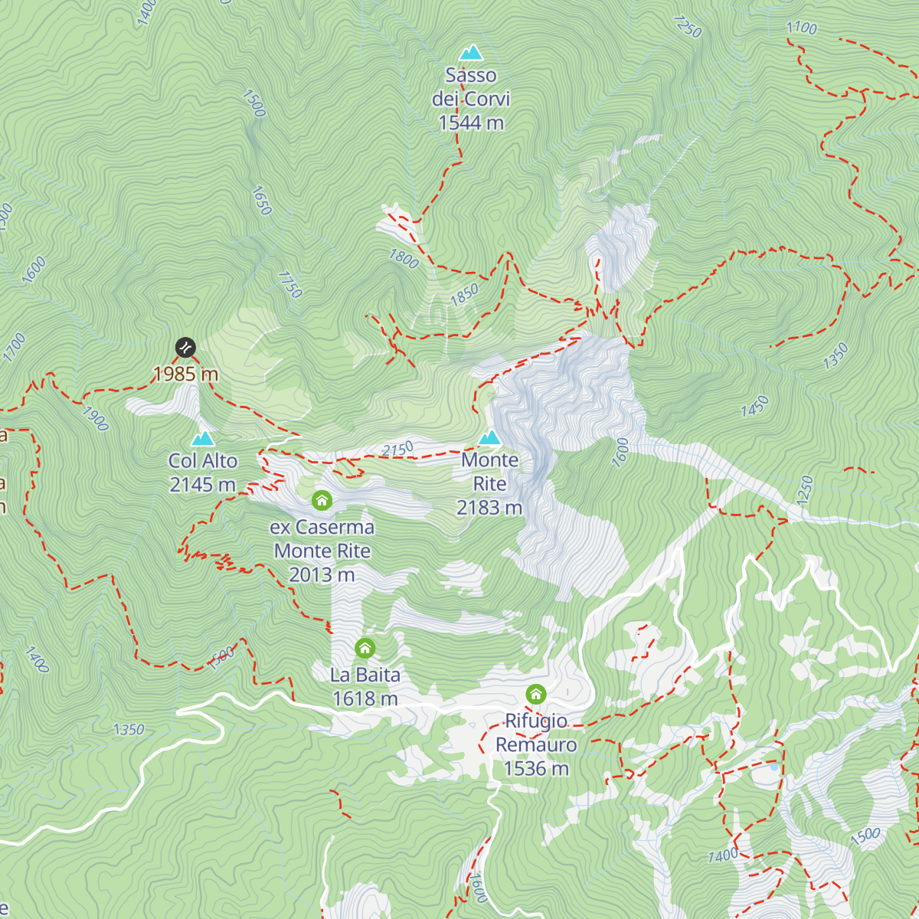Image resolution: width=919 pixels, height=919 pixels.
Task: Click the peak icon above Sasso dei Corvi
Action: pos(471,53)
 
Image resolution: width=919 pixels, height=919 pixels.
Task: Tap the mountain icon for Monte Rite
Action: pos(490,437)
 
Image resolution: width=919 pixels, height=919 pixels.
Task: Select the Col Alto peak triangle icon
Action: pos(203,438)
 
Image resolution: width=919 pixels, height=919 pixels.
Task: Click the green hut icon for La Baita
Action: pos(365,649)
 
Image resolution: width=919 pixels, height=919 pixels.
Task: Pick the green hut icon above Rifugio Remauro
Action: pos(536,695)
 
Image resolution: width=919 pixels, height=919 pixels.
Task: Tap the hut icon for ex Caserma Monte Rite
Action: pos(322,501)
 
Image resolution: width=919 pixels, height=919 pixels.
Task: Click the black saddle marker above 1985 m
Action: pos(185,348)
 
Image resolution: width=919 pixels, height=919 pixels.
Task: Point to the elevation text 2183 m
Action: pos(489,508)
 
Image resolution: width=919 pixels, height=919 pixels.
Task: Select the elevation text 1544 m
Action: pos(471,123)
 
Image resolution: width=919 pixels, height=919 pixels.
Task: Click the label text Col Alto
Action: pos(203,461)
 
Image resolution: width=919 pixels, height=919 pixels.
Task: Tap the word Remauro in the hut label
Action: pos(536,744)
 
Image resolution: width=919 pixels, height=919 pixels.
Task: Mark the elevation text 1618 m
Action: pos(365,698)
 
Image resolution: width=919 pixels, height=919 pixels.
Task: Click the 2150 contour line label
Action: pos(397,450)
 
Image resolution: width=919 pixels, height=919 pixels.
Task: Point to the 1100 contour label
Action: pos(802,28)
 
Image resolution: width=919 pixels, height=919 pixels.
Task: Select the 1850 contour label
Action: pos(464,294)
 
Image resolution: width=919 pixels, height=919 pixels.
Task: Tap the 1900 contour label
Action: pos(95,419)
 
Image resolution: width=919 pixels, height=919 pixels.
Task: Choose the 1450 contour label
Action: pos(754,407)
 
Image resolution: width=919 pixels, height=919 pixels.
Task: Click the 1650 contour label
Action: pos(261,201)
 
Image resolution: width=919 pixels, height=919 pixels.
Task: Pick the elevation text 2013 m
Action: pos(322,574)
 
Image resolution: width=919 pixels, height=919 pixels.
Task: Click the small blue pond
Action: pos(774,766)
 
